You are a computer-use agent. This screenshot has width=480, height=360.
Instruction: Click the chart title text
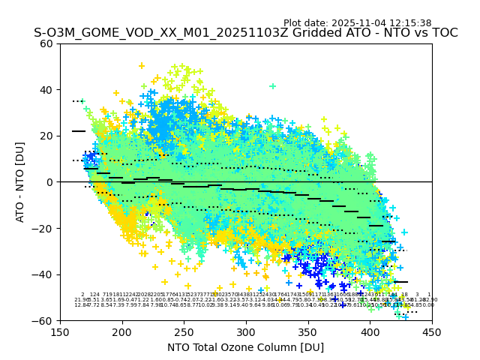(x=245, y=33)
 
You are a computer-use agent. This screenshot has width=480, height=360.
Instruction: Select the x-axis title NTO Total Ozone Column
(x=245, y=347)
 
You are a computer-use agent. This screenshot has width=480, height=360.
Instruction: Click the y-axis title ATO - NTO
(x=20, y=181)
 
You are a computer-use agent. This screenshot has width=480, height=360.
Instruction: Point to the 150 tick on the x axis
(x=60, y=331)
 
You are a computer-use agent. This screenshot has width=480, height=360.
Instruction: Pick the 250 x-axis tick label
(x=184, y=331)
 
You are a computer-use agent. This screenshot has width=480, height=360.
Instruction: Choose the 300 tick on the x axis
(x=246, y=331)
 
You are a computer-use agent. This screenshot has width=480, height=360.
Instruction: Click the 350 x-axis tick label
(x=307, y=331)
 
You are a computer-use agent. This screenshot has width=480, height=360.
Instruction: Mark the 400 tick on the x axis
(x=370, y=331)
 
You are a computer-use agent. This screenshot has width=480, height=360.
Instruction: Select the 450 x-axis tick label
(x=432, y=331)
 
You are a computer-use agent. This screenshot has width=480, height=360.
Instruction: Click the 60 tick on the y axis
(x=46, y=43)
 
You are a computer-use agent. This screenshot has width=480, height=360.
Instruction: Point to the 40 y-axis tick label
(x=46, y=90)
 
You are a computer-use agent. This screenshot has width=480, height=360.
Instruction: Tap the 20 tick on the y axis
(x=46, y=136)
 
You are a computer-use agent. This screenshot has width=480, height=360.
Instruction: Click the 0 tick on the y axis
(x=49, y=182)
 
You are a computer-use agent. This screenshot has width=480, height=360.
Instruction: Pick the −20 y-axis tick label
(x=43, y=228)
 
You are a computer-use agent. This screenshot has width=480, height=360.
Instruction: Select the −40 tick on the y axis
(x=43, y=274)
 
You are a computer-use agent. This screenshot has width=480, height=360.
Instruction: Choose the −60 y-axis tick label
(x=43, y=320)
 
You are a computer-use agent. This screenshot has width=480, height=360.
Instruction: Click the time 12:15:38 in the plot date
(x=409, y=23)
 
